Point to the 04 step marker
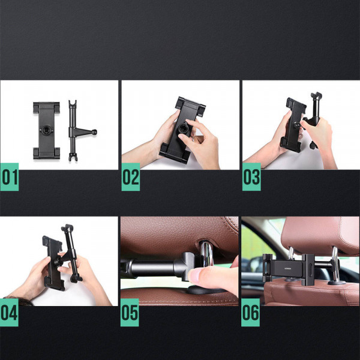pos(10,313)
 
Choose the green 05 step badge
pos(130,313)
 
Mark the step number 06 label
pos(251,313)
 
